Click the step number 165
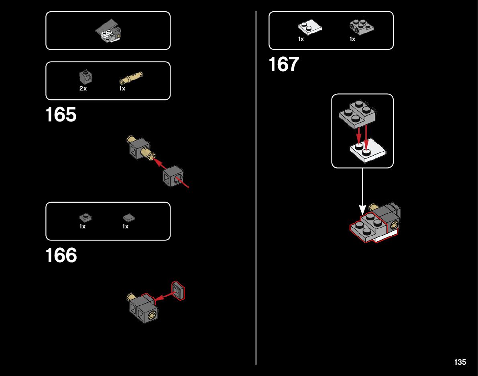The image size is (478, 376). click(61, 115)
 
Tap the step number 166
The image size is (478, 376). click(61, 256)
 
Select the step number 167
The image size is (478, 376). click(284, 65)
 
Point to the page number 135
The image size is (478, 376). click(460, 362)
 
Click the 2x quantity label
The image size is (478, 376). click(83, 88)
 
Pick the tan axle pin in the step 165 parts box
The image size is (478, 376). click(131, 77)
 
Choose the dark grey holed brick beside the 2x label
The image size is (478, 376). click(85, 76)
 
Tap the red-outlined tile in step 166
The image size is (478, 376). click(178, 291)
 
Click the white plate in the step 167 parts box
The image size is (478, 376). click(309, 28)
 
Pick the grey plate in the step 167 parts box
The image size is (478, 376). click(361, 27)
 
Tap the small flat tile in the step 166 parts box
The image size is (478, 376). click(128, 218)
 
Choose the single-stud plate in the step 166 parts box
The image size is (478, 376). click(85, 218)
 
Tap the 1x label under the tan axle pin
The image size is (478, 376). click(122, 88)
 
